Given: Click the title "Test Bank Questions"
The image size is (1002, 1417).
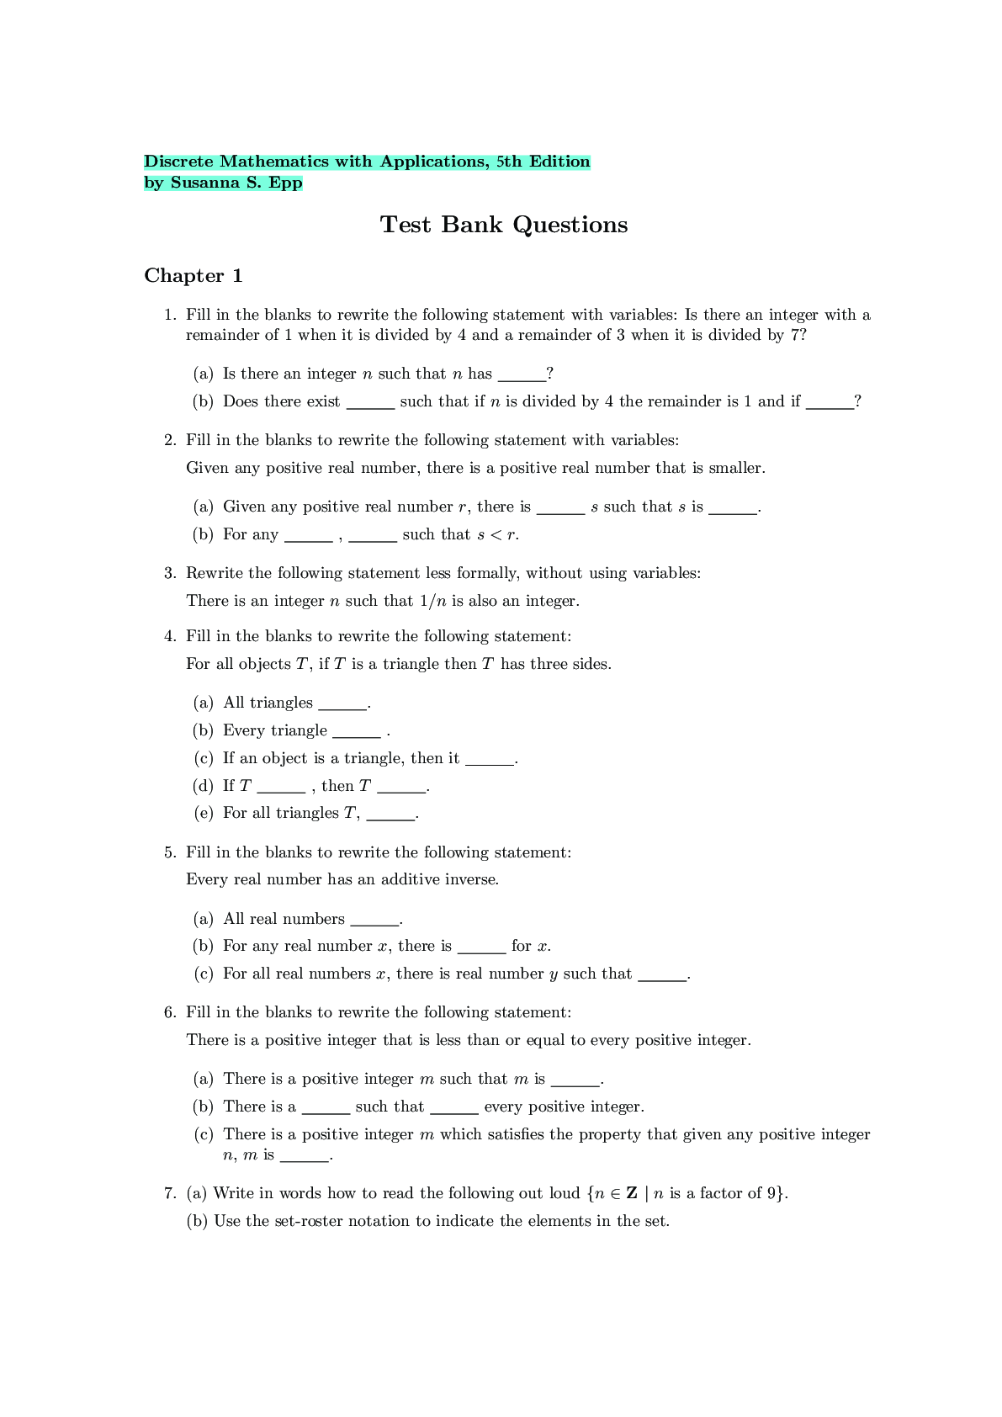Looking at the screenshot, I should pos(503,225).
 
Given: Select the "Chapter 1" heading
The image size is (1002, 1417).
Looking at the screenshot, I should pos(194,276).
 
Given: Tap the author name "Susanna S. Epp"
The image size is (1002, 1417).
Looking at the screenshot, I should pos(236,183).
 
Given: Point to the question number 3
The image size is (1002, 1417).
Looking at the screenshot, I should pos(170,573).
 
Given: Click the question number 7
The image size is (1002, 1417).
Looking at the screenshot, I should pos(170,1193).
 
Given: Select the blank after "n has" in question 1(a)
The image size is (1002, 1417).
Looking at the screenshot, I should pos(522,376).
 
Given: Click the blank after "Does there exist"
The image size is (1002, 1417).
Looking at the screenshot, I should pos(370,404).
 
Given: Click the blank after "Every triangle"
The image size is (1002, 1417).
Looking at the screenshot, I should pos(357,733).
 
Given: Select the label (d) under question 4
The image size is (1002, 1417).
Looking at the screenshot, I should pos(203,786).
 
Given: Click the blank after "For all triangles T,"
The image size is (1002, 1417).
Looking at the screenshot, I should pos(390,815).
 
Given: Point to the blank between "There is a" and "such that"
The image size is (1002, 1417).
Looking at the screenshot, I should pos(326,1109).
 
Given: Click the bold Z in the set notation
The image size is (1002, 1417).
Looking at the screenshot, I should pos(632,1193).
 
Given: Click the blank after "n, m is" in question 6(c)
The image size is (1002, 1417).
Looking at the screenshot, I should pos(304,1158).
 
